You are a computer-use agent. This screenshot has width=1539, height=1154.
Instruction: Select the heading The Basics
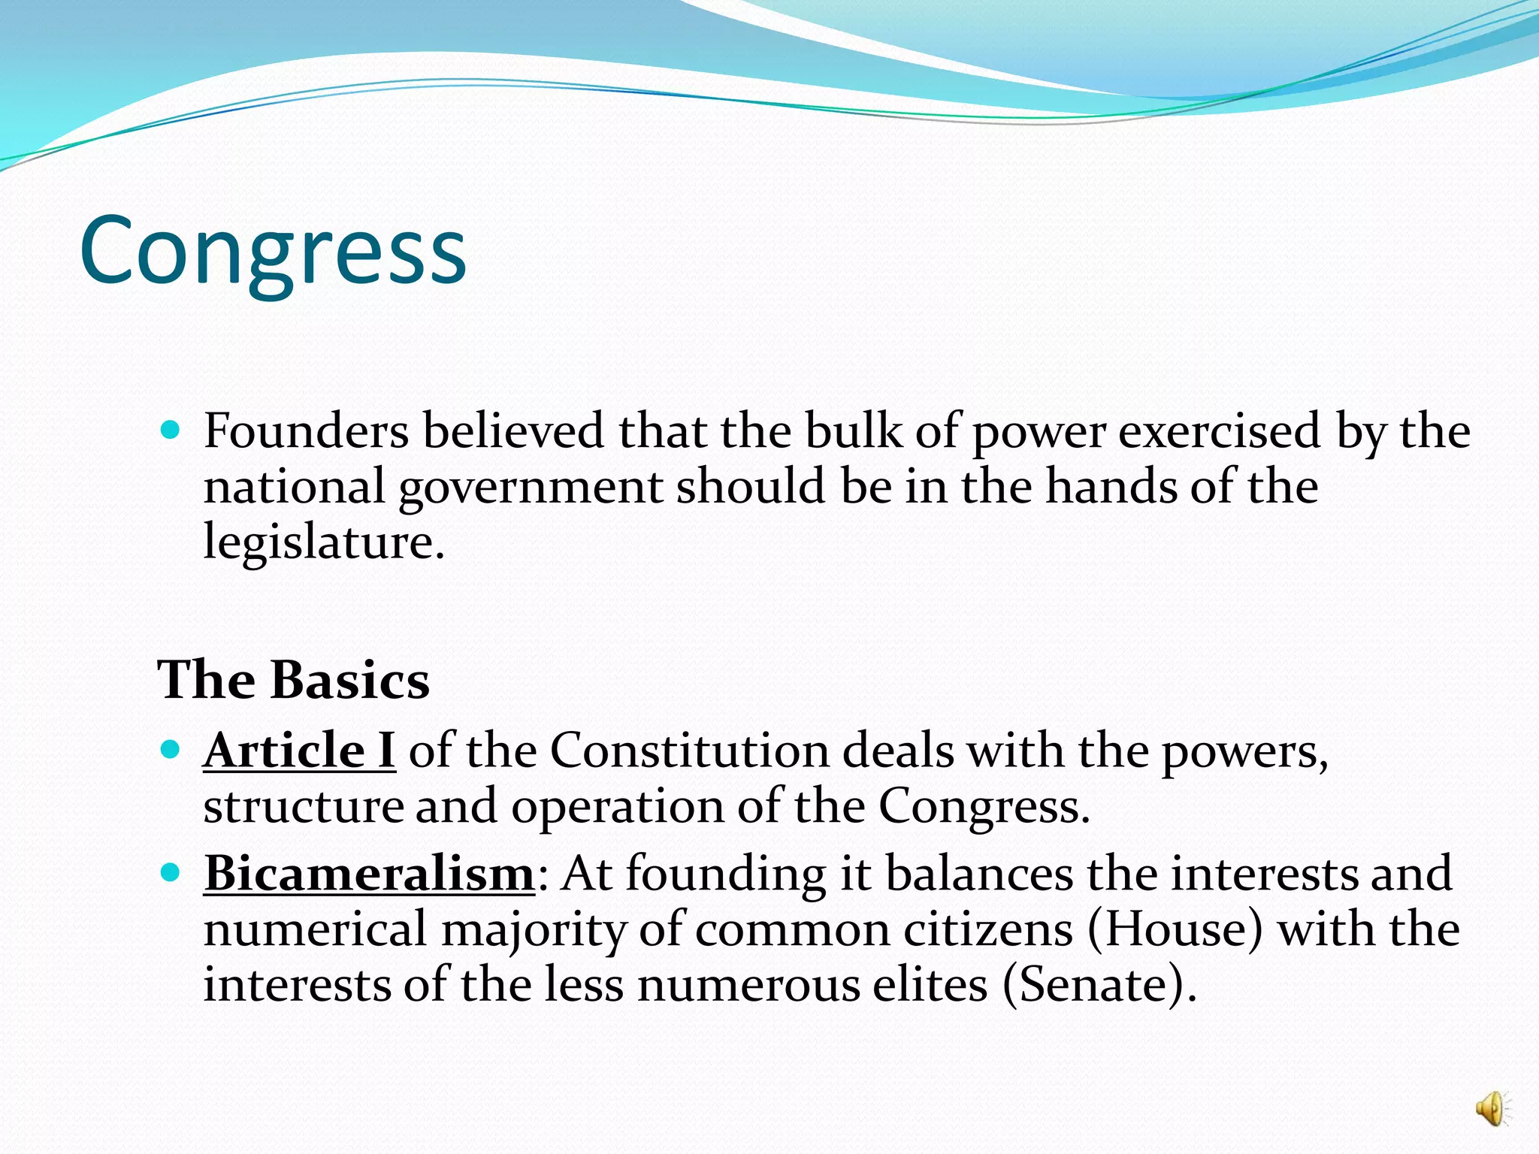coord(293,680)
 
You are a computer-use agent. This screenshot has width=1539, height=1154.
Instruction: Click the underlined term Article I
coord(299,750)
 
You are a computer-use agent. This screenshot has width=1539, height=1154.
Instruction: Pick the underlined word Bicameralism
coord(369,874)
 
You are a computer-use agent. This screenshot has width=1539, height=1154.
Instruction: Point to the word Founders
coord(306,431)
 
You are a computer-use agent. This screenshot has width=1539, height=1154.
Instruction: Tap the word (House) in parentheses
coord(1175,929)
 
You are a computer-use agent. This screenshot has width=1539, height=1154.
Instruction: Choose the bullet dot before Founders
coord(171,430)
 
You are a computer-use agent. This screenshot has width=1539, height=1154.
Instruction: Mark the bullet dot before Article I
coord(171,749)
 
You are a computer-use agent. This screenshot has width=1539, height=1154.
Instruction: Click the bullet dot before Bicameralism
coord(171,873)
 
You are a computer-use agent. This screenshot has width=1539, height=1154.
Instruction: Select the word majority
coord(533,930)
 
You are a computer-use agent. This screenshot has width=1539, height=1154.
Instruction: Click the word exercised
coord(1219,431)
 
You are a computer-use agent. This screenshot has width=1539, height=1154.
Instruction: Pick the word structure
coord(303,806)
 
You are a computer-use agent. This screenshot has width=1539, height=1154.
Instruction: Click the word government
coord(531,487)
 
